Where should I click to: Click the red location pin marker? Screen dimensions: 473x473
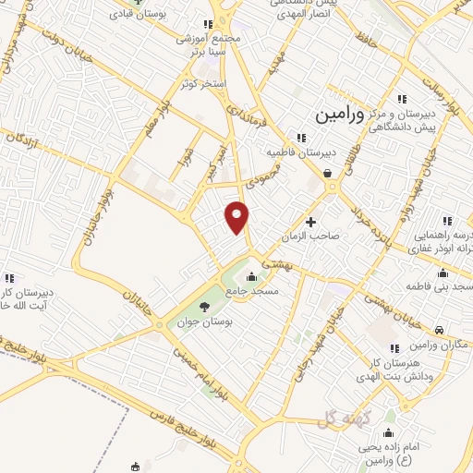(238, 216)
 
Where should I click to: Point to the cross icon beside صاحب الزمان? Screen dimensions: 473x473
(311, 222)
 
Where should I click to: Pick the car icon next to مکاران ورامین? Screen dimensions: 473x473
(440, 330)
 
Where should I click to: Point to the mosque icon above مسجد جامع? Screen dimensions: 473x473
(253, 275)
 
